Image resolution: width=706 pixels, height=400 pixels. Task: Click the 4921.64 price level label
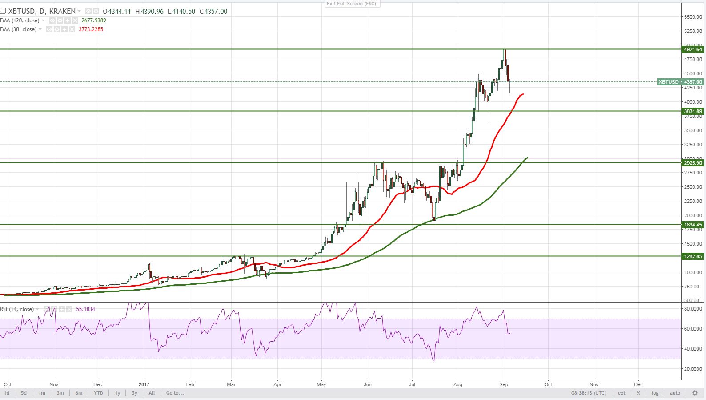pos(693,49)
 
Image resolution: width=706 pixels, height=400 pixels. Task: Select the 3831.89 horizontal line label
pos(693,111)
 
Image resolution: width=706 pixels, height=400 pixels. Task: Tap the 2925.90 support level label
pos(693,163)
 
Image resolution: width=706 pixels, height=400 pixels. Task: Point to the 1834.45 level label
pos(693,225)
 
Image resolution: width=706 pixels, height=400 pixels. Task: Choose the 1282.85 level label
pos(693,256)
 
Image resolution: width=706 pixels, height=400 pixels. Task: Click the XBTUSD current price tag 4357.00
pos(693,82)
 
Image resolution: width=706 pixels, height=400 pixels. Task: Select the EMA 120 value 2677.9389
pos(93,20)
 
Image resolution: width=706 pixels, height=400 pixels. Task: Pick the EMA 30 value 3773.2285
pos(91,29)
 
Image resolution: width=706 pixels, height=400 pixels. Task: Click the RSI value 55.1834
pos(86,309)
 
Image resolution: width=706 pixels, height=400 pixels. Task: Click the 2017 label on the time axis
pos(144,384)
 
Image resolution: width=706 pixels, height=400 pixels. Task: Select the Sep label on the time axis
pos(504,384)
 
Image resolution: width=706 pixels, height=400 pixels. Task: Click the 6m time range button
pos(79,393)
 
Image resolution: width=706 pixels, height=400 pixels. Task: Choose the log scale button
pos(655,393)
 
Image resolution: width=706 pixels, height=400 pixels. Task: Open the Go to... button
pos(175,393)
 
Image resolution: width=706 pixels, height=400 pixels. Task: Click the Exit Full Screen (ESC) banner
pos(351,4)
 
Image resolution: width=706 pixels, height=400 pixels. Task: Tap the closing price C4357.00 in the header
pos(213,12)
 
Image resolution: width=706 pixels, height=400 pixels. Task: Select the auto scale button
pos(675,393)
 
